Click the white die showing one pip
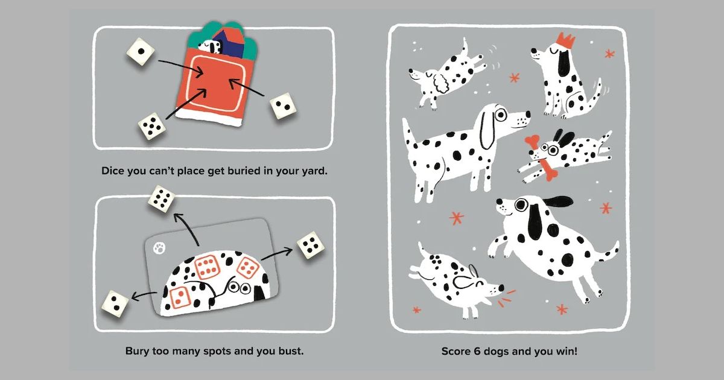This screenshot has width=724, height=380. point(141,52)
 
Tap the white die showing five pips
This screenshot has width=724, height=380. point(152,126)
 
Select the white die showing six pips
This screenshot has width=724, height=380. point(162,198)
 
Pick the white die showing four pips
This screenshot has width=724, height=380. point(311,245)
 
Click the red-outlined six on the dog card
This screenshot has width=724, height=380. point(207,267)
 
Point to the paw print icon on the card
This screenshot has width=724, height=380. point(159,249)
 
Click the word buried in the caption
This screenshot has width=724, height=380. point(244,171)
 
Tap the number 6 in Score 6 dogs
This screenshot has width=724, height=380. point(477,351)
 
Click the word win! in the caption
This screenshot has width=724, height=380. point(566,351)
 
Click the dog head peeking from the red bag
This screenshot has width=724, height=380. point(211,47)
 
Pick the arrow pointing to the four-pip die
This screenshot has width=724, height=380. point(277,254)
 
